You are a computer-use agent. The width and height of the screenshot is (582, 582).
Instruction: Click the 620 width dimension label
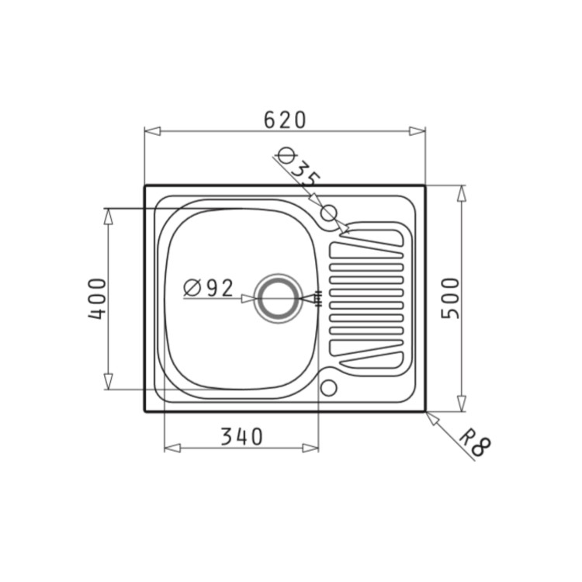pyautogui.click(x=285, y=120)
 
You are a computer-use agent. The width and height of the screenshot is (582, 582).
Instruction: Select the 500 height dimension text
pyautogui.click(x=451, y=298)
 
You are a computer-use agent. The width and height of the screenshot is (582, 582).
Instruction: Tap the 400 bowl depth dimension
pyautogui.click(x=95, y=298)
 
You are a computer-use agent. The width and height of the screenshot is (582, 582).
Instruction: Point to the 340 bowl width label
pyautogui.click(x=241, y=437)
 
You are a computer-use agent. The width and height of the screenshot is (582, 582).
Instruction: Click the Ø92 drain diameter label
pyautogui.click(x=208, y=288)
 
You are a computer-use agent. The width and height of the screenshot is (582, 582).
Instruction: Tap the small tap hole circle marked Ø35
pyautogui.click(x=328, y=212)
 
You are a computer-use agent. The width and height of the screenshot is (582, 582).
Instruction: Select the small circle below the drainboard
pyautogui.click(x=328, y=386)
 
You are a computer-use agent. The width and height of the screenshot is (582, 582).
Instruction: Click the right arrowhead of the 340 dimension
pyautogui.click(x=311, y=448)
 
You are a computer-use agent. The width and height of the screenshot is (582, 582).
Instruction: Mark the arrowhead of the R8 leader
pyautogui.click(x=431, y=417)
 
